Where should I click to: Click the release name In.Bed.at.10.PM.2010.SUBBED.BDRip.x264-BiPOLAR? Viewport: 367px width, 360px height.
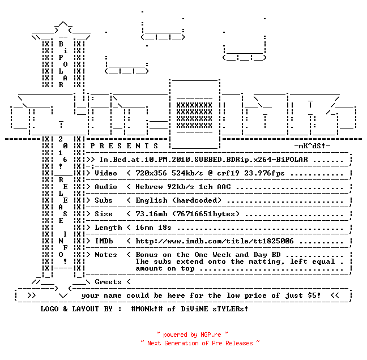click(204, 160)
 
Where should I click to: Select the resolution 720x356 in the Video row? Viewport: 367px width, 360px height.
click(151, 173)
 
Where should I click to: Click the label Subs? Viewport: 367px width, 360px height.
click(104, 200)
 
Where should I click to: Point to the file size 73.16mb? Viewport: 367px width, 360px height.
click(151, 214)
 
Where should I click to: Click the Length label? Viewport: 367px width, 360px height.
click(108, 228)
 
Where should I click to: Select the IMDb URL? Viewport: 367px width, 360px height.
click(215, 241)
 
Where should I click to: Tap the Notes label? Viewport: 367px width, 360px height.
click(105, 255)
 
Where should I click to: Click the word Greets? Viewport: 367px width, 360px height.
click(108, 282)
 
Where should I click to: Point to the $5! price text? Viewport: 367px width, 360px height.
click(314, 295)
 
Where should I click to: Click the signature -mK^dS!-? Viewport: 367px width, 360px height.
click(312, 146)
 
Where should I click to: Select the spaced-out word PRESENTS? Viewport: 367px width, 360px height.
click(124, 146)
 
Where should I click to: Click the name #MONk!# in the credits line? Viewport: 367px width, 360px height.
click(147, 308)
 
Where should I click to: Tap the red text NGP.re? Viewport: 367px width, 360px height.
click(211, 335)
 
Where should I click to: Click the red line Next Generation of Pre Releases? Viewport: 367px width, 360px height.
click(200, 343)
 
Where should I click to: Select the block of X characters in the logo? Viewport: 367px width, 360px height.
click(194, 115)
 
